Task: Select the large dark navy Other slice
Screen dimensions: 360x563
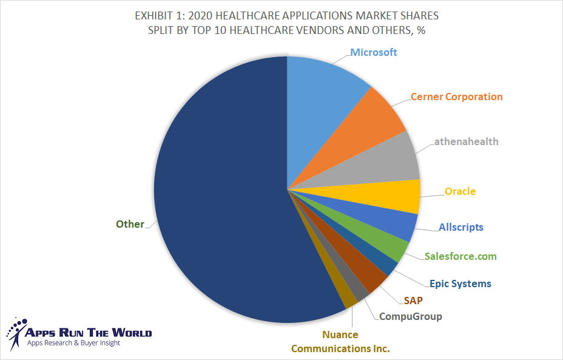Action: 218,200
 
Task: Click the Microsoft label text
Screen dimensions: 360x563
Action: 374,52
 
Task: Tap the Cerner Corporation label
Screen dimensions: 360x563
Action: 456,97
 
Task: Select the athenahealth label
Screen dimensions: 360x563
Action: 466,142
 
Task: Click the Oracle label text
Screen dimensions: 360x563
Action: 460,191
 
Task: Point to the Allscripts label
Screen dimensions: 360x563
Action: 460,227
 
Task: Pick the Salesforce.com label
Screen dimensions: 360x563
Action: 460,256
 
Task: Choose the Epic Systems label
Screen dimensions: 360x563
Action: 460,284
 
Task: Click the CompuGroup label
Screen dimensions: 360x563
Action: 410,316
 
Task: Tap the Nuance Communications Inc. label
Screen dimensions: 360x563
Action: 340,342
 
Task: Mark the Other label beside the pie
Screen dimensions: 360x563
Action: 130,224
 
